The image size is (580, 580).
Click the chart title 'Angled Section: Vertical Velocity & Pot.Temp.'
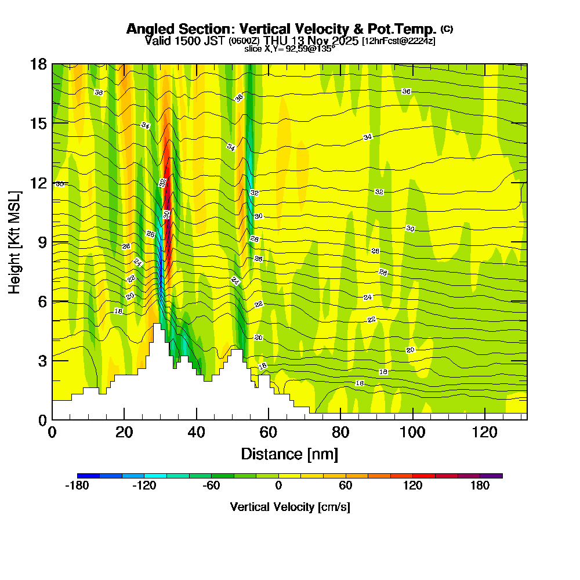281,29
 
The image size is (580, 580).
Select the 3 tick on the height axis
42,360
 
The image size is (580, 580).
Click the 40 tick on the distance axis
197,432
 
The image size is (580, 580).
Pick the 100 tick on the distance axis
412,432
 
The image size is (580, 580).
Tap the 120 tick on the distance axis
484,432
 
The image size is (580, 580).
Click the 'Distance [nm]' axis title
289,454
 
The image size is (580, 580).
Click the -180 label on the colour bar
77,485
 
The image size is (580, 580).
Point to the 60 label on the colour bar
346,485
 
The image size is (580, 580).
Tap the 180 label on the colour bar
480,485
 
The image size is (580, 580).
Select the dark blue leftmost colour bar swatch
88,476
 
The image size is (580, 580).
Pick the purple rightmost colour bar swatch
491,476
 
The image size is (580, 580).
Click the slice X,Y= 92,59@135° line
289,49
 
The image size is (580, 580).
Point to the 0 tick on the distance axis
52,432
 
